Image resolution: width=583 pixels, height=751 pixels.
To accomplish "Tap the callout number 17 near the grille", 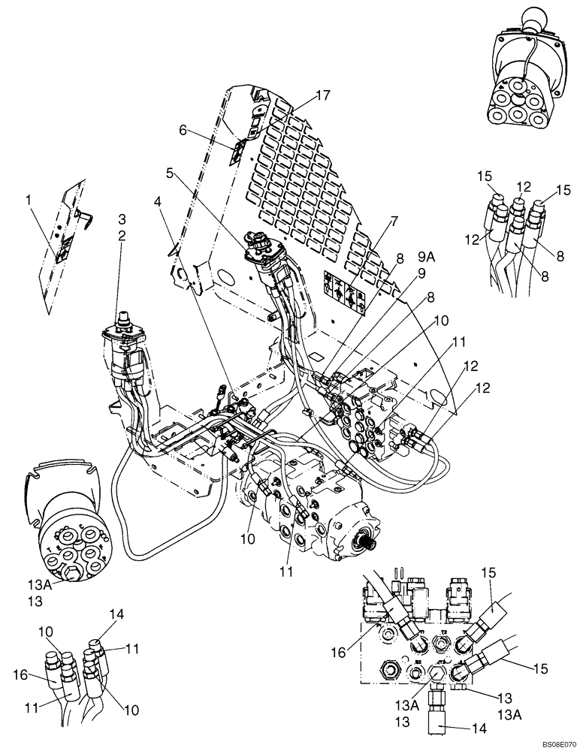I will point(324,95).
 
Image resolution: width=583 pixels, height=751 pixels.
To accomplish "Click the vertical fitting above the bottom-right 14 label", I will point(435,707).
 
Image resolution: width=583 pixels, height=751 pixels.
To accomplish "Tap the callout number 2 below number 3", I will point(122,234).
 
